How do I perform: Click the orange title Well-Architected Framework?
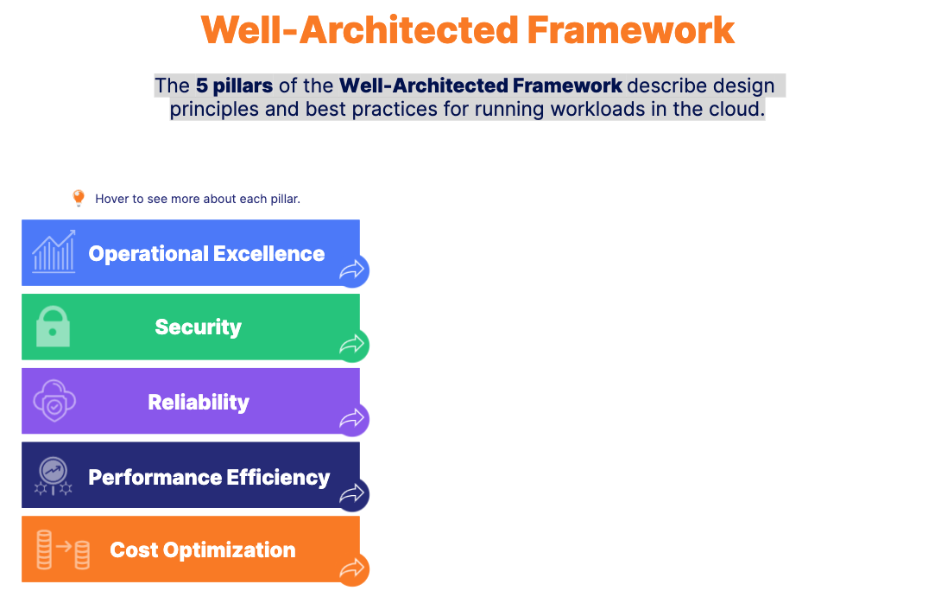[468, 30]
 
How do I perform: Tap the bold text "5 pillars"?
[234, 86]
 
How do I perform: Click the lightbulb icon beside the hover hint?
[79, 198]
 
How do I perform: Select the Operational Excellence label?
[206, 253]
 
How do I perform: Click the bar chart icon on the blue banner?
[54, 251]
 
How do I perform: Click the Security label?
[198, 327]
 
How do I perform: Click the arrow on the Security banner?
[351, 344]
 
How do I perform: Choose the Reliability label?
[199, 402]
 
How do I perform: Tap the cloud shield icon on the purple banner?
[54, 400]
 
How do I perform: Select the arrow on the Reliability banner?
[351, 418]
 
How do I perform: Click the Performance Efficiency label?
[209, 477]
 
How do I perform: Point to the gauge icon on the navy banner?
[54, 476]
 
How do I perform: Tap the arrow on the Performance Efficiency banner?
[351, 493]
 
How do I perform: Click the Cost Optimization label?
[203, 549]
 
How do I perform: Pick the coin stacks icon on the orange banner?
[63, 549]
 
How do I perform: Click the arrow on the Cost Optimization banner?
[351, 568]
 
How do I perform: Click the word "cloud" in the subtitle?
[737, 110]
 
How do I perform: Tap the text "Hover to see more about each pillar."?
[198, 199]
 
